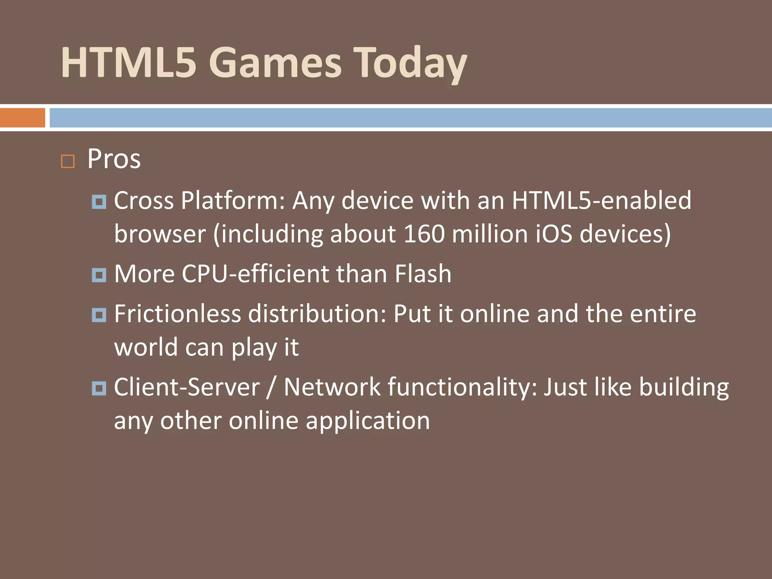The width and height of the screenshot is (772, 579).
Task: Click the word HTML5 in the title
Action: (x=129, y=62)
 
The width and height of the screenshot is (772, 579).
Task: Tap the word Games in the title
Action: (x=275, y=62)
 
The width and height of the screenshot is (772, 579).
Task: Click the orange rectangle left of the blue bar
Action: (x=22, y=118)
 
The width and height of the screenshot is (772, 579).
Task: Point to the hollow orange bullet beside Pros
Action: (x=68, y=161)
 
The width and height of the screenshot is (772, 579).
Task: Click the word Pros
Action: (x=114, y=159)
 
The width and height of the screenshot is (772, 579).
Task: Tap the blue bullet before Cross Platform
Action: (x=99, y=202)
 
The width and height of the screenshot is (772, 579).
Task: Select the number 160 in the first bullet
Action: (x=424, y=234)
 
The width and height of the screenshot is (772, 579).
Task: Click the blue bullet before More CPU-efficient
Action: (x=99, y=275)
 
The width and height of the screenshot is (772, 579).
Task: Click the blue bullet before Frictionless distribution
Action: (x=99, y=315)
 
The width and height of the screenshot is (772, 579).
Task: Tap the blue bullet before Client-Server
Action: (x=99, y=388)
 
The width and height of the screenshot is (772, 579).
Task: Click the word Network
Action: (x=332, y=387)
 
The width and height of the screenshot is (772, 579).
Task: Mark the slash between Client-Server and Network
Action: (x=270, y=388)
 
